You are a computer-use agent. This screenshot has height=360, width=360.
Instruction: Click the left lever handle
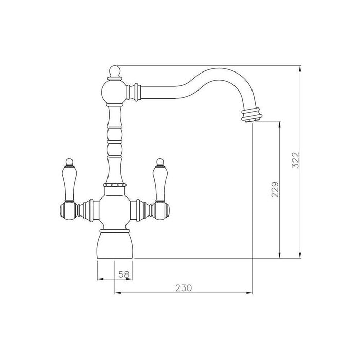click(x=67, y=182)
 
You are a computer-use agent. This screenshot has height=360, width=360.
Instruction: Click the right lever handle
click(x=159, y=182)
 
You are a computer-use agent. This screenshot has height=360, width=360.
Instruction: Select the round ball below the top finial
click(x=115, y=91)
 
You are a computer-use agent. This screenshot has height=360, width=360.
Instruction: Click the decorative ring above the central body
click(x=115, y=183)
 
